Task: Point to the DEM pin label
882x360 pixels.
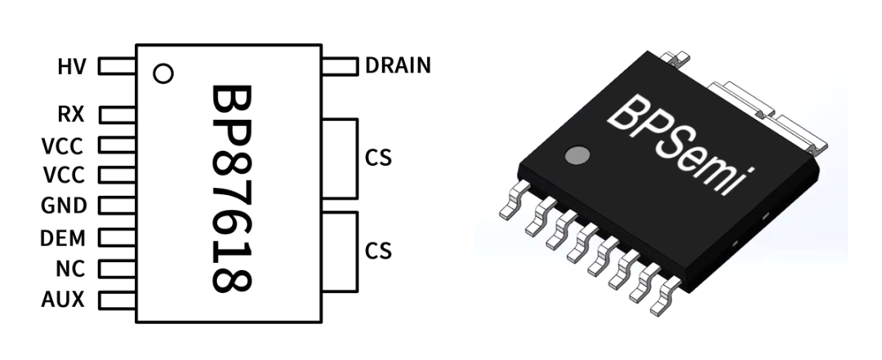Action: (x=63, y=238)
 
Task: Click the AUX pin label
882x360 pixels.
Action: (x=63, y=300)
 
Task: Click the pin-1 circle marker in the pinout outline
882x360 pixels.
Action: (x=163, y=74)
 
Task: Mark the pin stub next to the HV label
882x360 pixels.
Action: (x=117, y=66)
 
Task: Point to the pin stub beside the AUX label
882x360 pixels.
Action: (x=117, y=300)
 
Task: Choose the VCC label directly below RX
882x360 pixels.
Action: (x=63, y=146)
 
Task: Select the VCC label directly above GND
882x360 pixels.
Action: (x=63, y=176)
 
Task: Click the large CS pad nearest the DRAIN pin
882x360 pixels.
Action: (x=341, y=158)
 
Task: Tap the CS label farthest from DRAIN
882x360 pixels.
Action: (x=379, y=250)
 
